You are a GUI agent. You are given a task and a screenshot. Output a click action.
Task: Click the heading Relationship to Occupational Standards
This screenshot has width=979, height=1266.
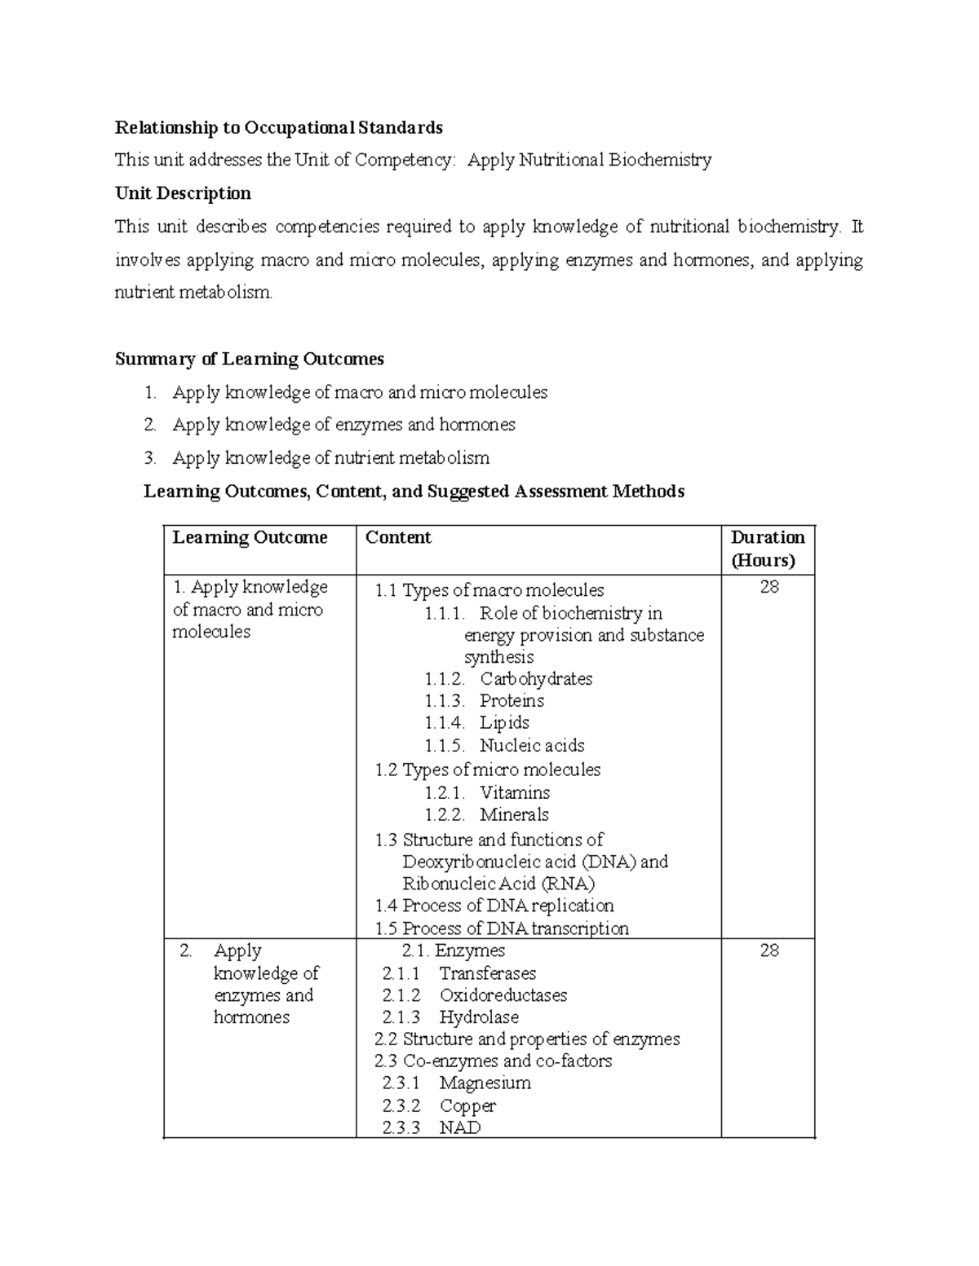tap(278, 127)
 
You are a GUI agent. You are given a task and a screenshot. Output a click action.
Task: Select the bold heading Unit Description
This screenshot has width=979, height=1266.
tap(183, 193)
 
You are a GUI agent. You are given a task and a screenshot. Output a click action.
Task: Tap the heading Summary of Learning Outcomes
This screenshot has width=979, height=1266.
tap(249, 360)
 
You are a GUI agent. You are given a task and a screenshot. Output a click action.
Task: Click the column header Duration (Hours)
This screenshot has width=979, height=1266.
tap(767, 549)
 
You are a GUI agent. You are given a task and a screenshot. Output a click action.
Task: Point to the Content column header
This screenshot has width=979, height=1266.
tap(398, 537)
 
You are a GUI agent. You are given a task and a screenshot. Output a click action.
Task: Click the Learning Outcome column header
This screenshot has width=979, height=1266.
tap(250, 537)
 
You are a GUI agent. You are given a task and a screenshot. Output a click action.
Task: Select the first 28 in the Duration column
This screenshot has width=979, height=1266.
tap(769, 587)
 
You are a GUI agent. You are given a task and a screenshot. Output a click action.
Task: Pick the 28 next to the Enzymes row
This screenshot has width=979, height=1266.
tap(769, 951)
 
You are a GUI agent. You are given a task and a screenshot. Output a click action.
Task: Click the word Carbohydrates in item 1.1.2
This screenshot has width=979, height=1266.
tap(535, 679)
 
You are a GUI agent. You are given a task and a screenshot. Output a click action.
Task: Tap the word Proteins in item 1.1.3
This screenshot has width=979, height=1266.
tap(512, 701)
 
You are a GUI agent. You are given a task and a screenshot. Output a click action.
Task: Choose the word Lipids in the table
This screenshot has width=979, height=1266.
tap(504, 723)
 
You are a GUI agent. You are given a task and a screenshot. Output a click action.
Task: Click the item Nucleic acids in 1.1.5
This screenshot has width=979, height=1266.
tap(531, 745)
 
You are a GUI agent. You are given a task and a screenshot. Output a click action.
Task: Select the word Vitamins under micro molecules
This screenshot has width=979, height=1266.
tap(514, 792)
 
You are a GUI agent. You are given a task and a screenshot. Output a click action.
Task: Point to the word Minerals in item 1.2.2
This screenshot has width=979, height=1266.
tap(514, 814)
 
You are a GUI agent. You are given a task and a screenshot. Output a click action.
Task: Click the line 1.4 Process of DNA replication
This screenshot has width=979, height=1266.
tap(494, 906)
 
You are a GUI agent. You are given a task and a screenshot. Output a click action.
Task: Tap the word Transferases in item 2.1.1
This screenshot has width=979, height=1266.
tap(487, 973)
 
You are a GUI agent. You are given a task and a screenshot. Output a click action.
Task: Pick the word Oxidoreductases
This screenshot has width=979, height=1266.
tap(503, 995)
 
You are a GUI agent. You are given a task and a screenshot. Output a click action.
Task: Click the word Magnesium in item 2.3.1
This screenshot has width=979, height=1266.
tap(485, 1083)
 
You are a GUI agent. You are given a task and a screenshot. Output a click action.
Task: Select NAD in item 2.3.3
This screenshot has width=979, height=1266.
tap(459, 1128)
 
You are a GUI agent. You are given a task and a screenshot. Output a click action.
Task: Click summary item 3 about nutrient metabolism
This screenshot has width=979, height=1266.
tap(330, 458)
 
